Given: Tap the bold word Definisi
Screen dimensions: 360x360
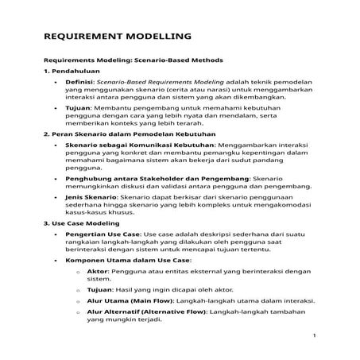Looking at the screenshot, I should [x=79, y=82].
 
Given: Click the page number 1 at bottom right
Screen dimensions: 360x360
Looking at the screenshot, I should [x=315, y=335].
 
